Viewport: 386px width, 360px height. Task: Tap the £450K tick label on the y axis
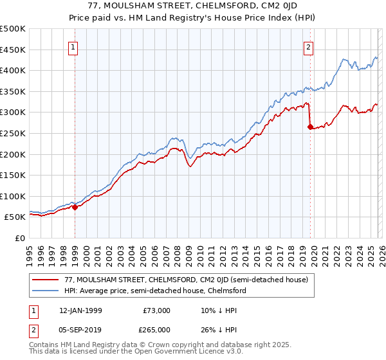(13, 50)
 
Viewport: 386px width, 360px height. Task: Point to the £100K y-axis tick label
(13, 196)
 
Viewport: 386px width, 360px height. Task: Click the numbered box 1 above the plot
(73, 47)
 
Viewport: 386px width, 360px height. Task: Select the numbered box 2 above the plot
(309, 47)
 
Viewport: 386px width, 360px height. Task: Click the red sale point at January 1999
(75, 207)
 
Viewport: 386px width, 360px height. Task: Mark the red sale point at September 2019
(310, 127)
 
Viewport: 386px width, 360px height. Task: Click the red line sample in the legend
(46, 280)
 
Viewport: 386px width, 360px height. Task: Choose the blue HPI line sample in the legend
(46, 291)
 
